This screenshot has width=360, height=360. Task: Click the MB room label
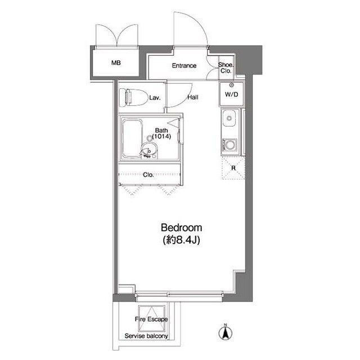[116, 62]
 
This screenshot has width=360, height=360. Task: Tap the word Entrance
[184, 66]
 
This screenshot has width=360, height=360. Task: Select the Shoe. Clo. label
[226, 68]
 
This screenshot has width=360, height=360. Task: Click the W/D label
[231, 94]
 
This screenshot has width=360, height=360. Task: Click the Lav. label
[155, 98]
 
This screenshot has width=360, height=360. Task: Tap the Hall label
[193, 97]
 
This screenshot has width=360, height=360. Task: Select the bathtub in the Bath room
[132, 138]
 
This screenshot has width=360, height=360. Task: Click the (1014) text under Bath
[161, 137]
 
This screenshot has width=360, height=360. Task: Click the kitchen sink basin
[229, 118]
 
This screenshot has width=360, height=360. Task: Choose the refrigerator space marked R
[233, 168]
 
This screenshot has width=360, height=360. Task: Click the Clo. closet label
[148, 175]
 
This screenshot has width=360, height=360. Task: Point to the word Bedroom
[182, 228]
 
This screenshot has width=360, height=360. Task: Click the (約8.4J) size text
[181, 240]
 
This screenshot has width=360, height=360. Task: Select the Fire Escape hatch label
[151, 319]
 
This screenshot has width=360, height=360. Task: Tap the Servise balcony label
[146, 336]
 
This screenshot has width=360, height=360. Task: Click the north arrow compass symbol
[226, 332]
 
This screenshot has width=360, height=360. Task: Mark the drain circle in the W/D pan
[231, 85]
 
